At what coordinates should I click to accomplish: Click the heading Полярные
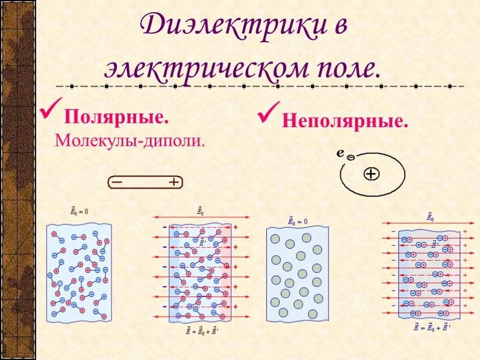point(116,117)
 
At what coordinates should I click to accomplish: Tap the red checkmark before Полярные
point(50,109)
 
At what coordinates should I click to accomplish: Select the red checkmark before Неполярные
point(269,113)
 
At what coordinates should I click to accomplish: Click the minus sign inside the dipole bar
point(117,182)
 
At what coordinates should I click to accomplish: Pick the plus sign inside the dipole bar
point(173,182)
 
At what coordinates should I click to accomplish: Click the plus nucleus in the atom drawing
point(371,174)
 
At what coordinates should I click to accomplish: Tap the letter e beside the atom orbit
point(340,152)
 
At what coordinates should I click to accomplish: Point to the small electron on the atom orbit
point(350,158)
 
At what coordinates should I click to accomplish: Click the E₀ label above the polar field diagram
point(200,212)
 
